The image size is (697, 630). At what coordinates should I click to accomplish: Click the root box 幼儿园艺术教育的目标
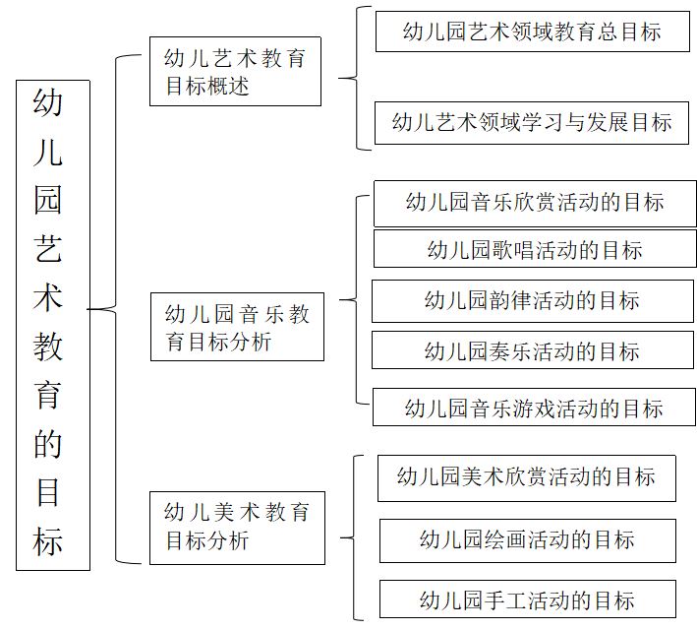pyautogui.click(x=53, y=325)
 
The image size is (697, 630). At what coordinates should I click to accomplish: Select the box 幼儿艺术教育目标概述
pyautogui.click(x=235, y=71)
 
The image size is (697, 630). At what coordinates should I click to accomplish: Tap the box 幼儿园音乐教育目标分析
pyautogui.click(x=237, y=327)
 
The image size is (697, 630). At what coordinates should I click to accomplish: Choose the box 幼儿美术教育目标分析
pyautogui.click(x=237, y=528)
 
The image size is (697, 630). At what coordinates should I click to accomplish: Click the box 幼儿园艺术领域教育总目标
pyautogui.click(x=533, y=31)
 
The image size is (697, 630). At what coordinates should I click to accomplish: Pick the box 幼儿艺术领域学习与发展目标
pyautogui.click(x=532, y=123)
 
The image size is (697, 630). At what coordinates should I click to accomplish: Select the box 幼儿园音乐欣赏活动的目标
pyautogui.click(x=535, y=204)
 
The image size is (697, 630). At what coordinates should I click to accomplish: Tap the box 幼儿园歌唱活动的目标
pyautogui.click(x=535, y=249)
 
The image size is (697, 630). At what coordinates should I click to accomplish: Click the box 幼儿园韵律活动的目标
pyautogui.click(x=533, y=301)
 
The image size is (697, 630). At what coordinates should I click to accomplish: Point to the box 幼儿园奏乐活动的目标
pyautogui.click(x=533, y=350)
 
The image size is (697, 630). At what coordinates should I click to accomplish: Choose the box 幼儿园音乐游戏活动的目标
pyautogui.click(x=534, y=407)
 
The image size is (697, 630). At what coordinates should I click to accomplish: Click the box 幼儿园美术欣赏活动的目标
pyautogui.click(x=527, y=478)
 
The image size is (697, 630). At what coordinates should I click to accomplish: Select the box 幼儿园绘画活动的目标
pyautogui.click(x=528, y=540)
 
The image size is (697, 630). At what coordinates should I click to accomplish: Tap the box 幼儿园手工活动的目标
pyautogui.click(x=528, y=598)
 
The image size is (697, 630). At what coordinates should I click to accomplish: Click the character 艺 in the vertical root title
pyautogui.click(x=47, y=248)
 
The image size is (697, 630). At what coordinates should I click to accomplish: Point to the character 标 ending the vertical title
pyautogui.click(x=47, y=541)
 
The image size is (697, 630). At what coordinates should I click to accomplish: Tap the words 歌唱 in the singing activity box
pyautogui.click(x=513, y=250)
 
